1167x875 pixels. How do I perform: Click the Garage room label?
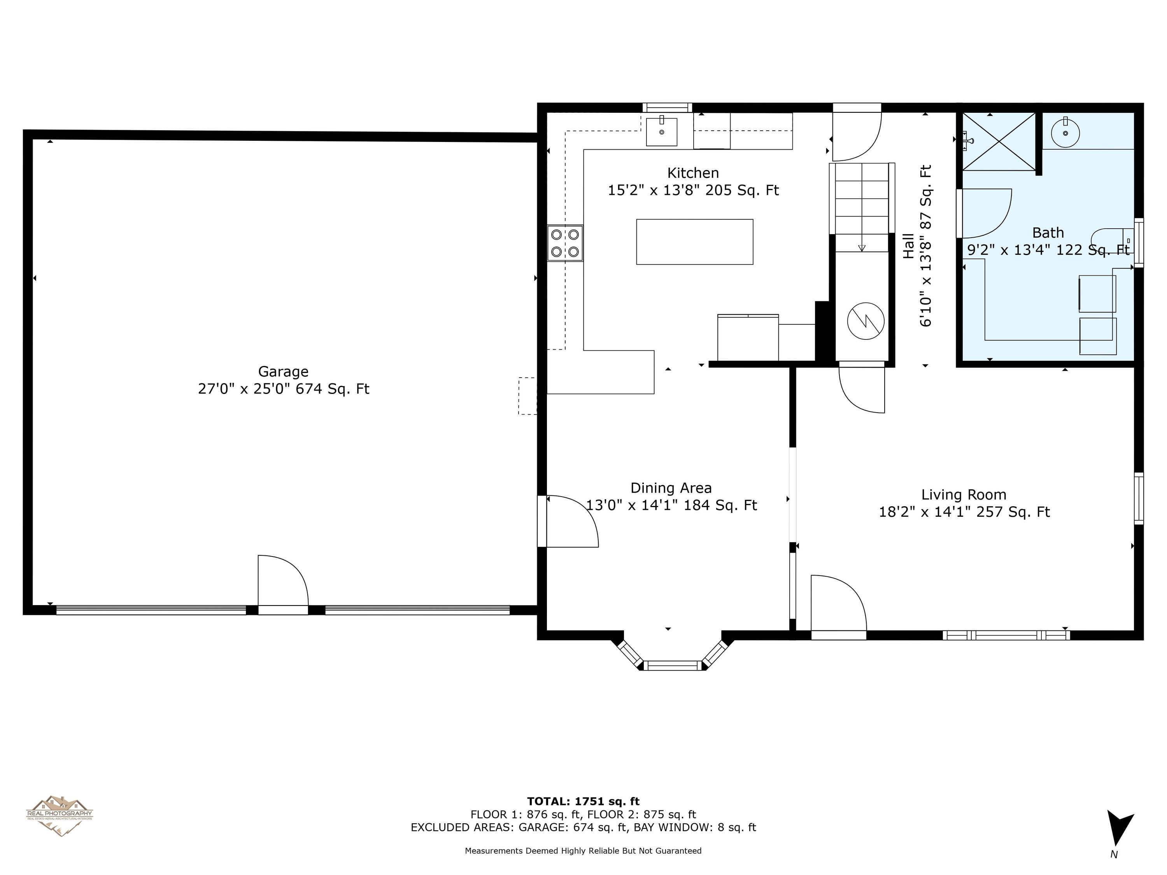point(283,372)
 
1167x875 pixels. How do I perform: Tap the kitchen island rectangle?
point(694,241)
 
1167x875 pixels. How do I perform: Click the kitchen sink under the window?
point(662,132)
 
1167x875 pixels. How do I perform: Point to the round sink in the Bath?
point(1065,131)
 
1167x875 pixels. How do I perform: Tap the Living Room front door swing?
point(838,607)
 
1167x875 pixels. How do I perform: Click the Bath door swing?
point(985,213)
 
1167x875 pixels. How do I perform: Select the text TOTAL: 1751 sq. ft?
point(583,801)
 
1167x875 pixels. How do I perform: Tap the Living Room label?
point(964,495)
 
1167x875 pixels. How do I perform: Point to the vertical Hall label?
point(908,246)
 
